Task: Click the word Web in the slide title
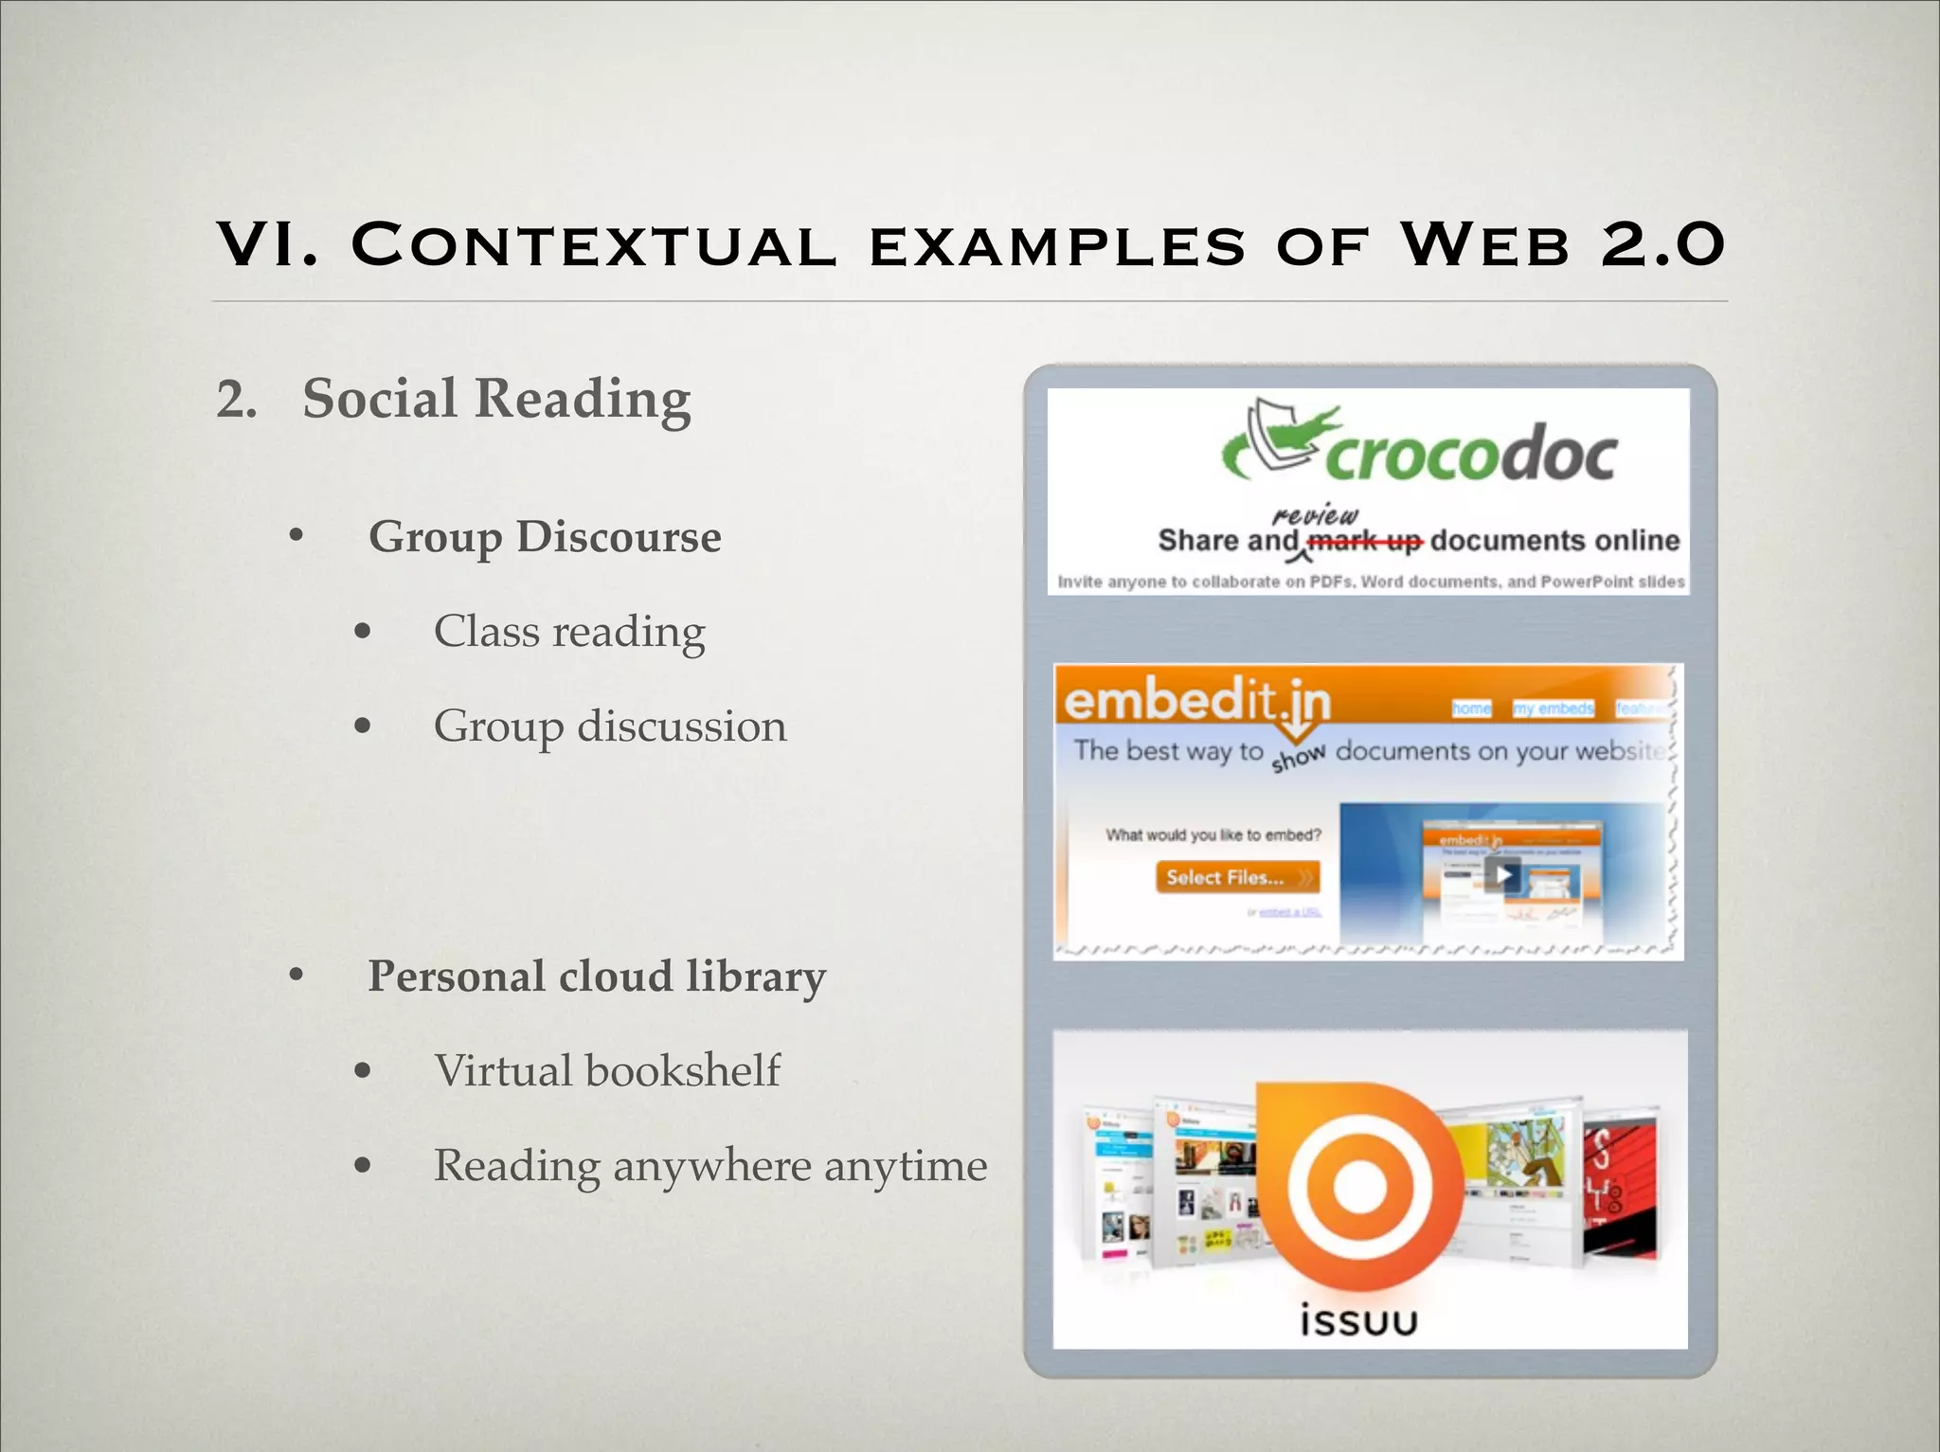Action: [x=1484, y=245]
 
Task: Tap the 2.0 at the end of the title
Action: [x=1663, y=245]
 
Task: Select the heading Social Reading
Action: [x=496, y=399]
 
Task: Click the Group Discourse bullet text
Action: [x=545, y=537]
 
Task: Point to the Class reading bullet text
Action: [x=569, y=632]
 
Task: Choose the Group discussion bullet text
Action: [x=610, y=726]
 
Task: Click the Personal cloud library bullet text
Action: [x=597, y=977]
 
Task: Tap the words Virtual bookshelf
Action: [x=607, y=1071]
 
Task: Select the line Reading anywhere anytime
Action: [x=710, y=1166]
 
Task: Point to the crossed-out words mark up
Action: [x=1364, y=542]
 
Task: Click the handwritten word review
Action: [x=1315, y=515]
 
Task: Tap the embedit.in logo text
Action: [x=1197, y=702]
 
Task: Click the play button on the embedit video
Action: [x=1503, y=874]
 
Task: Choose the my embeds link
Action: [x=1554, y=708]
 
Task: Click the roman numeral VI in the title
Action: [x=267, y=245]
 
